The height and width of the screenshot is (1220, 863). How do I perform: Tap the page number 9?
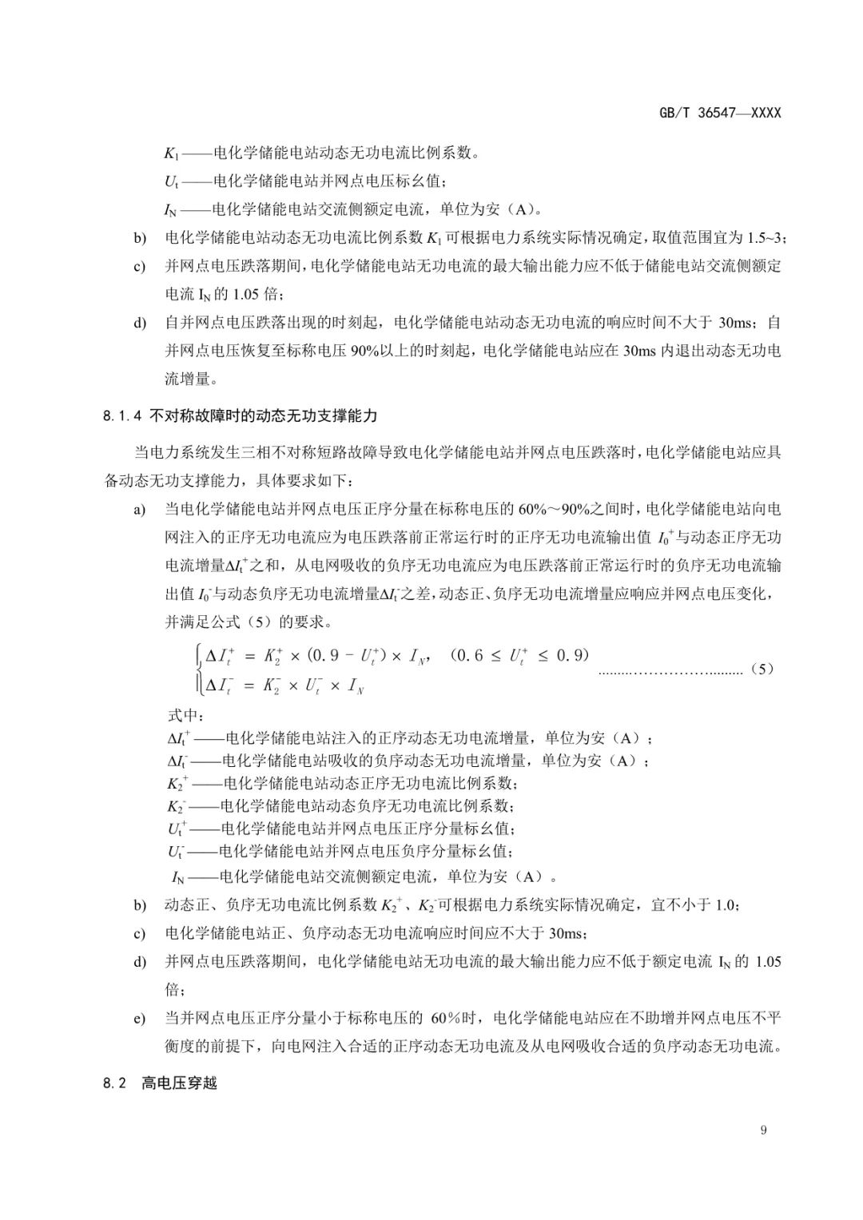click(x=764, y=1129)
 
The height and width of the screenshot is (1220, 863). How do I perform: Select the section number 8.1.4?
click(x=121, y=416)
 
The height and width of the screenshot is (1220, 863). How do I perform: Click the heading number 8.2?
click(x=115, y=1084)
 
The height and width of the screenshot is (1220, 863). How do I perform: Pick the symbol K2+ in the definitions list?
click(x=177, y=783)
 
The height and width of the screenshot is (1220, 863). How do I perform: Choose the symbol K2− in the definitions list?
click(x=177, y=805)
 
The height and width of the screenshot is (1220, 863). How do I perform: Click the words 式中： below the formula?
click(x=185, y=714)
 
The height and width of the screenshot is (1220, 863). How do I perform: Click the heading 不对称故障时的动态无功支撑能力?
click(x=263, y=416)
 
